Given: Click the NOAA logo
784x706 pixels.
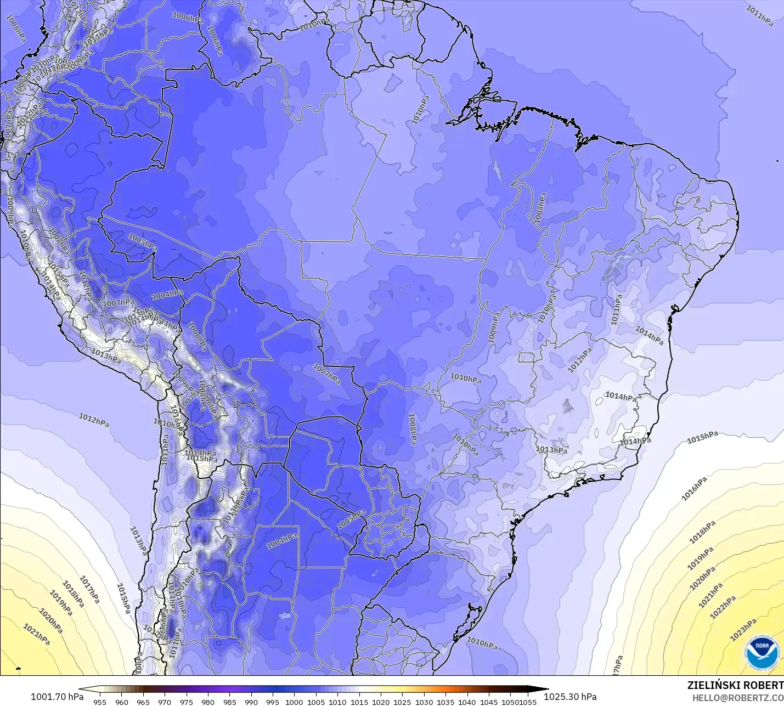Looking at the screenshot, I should (762, 652).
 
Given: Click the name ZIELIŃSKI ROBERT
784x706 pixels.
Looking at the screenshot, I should (735, 686).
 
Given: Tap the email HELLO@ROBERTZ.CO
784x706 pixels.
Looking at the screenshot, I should (737, 698).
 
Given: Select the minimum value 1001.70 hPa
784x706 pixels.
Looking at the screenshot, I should (57, 697).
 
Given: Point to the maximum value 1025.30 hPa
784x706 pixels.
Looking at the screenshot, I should (570, 697).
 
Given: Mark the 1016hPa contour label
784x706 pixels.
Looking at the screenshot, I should (694, 489).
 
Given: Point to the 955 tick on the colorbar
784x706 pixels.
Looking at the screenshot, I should (100, 702).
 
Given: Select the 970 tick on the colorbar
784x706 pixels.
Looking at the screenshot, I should (165, 702).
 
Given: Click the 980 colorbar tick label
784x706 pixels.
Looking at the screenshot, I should (208, 702).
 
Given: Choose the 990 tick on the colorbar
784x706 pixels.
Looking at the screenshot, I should (251, 702).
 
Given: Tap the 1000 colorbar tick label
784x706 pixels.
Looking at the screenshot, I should (294, 702).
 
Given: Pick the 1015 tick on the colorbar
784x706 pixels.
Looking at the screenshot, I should (359, 702).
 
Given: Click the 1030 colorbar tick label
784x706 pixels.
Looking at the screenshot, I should (424, 702).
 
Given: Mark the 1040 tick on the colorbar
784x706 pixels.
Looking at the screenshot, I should (467, 702).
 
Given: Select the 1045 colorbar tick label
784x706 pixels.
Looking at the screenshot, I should (489, 702).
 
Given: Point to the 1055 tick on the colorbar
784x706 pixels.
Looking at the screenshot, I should (528, 702).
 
